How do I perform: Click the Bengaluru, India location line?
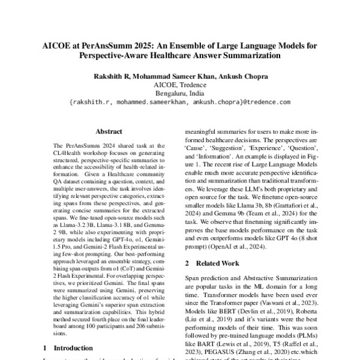(x=180, y=94)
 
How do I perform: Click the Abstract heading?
(x=109, y=131)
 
